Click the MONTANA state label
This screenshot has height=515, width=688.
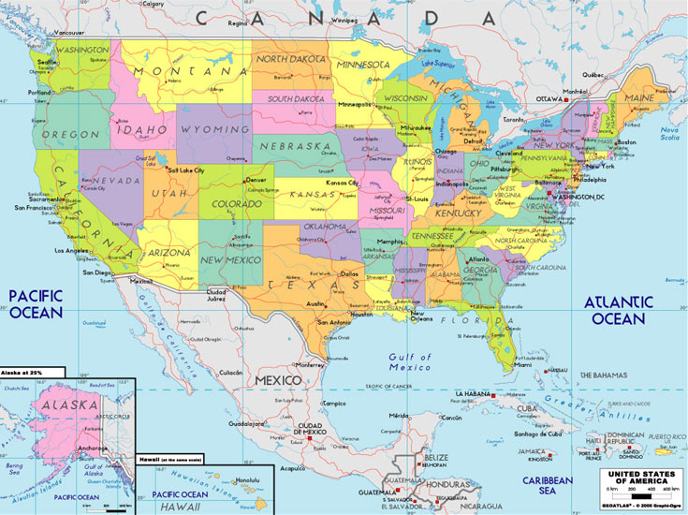[183, 72]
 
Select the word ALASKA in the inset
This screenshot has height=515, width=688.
[68, 405]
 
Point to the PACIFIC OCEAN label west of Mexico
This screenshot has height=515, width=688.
[36, 303]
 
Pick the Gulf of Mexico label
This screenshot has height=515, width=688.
[411, 362]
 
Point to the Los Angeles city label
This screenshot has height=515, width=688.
[71, 251]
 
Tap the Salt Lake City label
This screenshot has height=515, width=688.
[185, 170]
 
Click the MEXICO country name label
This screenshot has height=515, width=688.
[279, 380]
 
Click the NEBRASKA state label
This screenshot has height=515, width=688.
[294, 147]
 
